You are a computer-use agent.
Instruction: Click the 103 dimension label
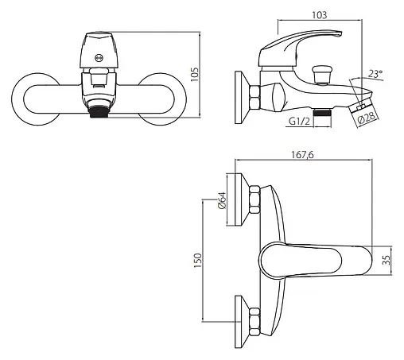click(x=320, y=15)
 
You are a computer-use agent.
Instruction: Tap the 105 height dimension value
click(x=195, y=75)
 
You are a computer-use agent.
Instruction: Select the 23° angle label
click(x=375, y=74)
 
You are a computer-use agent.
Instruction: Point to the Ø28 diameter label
click(x=367, y=117)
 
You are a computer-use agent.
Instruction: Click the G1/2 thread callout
click(x=299, y=122)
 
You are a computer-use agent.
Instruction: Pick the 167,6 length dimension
click(x=302, y=154)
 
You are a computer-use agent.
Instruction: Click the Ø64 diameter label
click(x=222, y=200)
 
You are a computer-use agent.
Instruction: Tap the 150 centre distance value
click(x=198, y=261)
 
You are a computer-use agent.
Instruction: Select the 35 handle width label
click(x=387, y=260)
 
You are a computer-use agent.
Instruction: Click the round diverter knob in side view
click(x=322, y=75)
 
